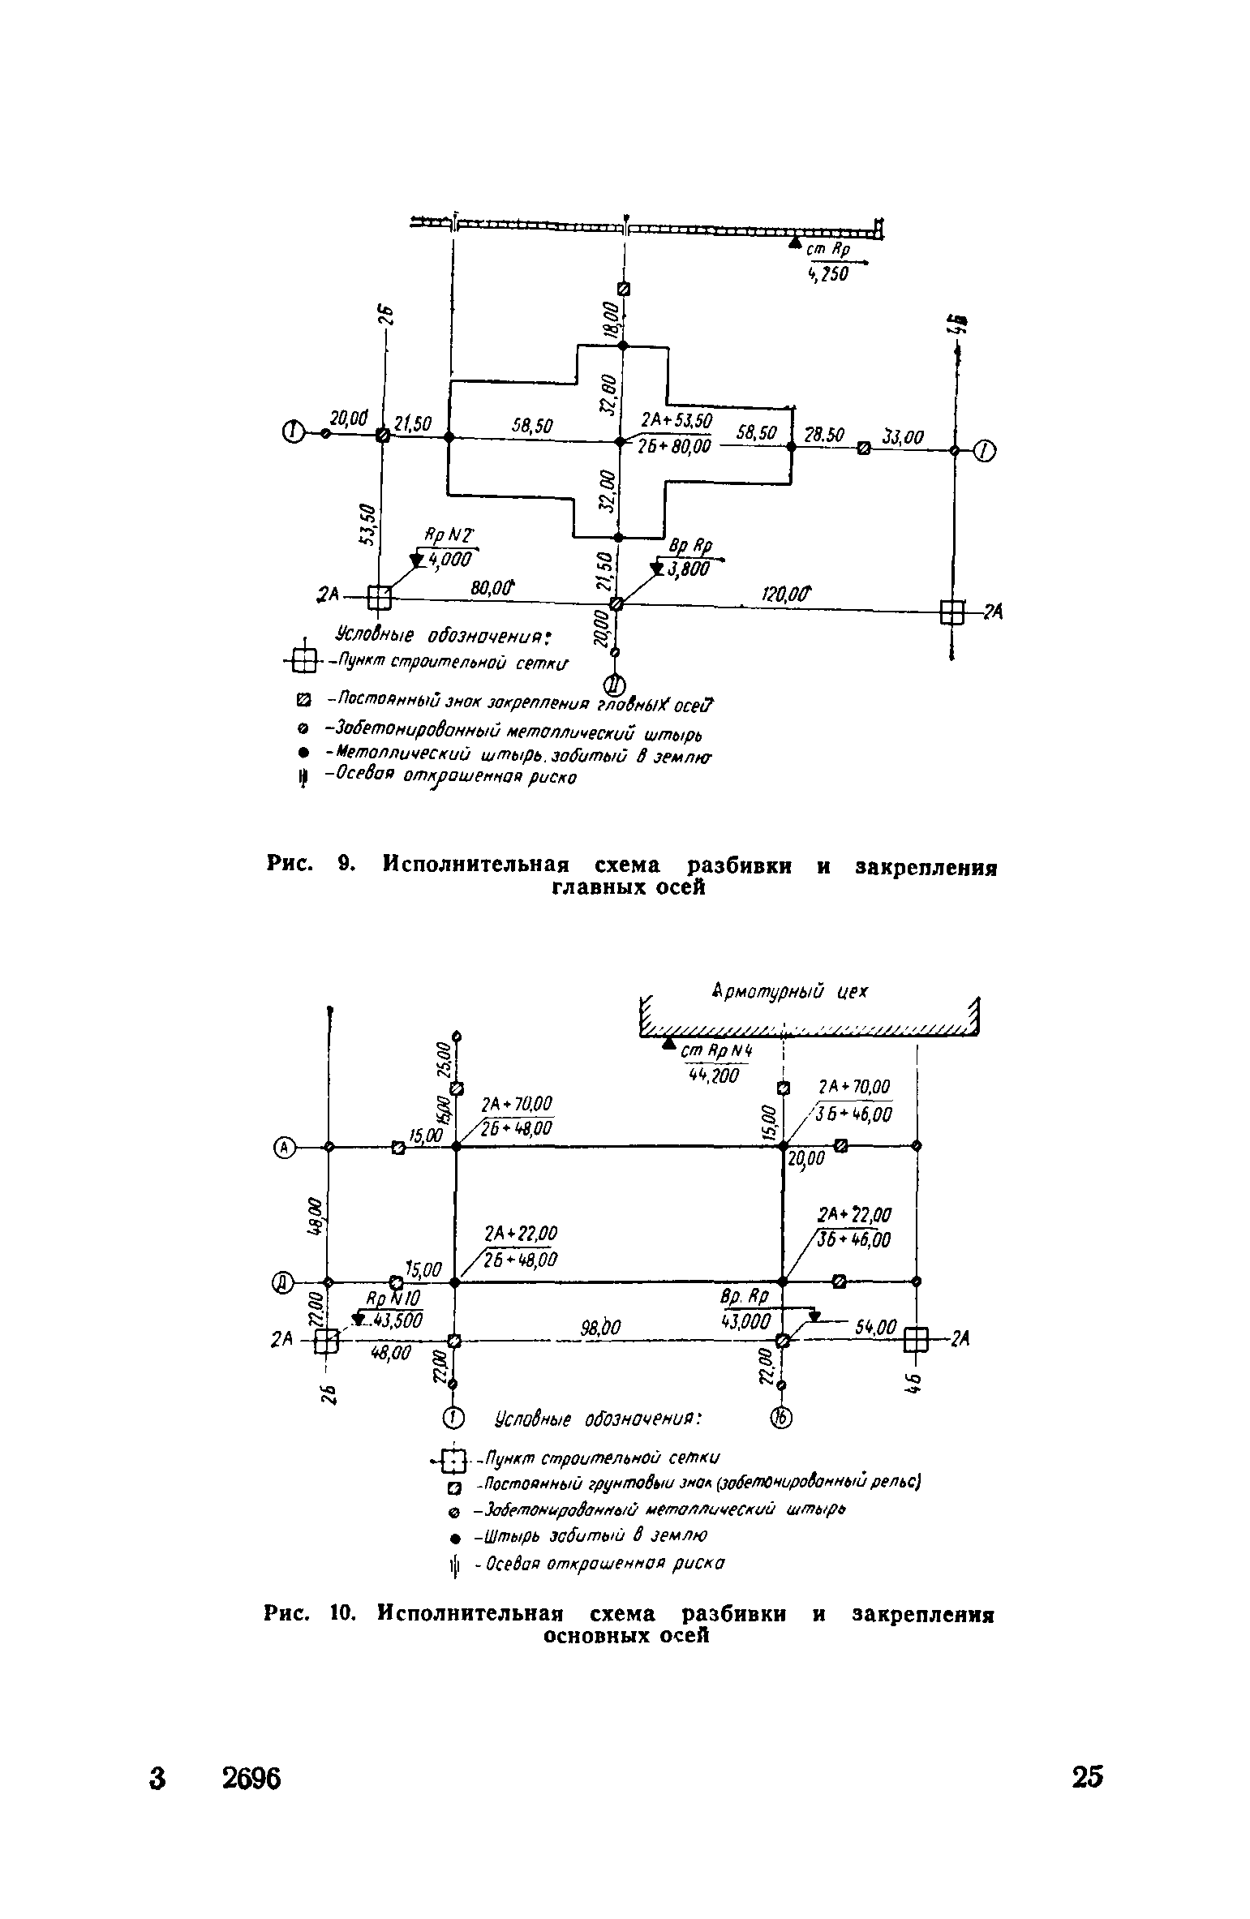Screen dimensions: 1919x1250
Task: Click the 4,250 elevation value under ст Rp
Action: [x=828, y=275]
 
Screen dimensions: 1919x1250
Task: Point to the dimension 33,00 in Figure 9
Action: [x=903, y=438]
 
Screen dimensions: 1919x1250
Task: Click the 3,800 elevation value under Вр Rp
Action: [x=691, y=569]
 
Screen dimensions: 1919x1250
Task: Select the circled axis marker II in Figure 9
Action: [x=615, y=685]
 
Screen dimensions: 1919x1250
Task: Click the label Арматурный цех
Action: [x=790, y=991]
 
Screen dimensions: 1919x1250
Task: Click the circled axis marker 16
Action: [x=780, y=1418]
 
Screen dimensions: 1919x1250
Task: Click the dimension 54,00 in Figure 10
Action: [x=876, y=1328]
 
